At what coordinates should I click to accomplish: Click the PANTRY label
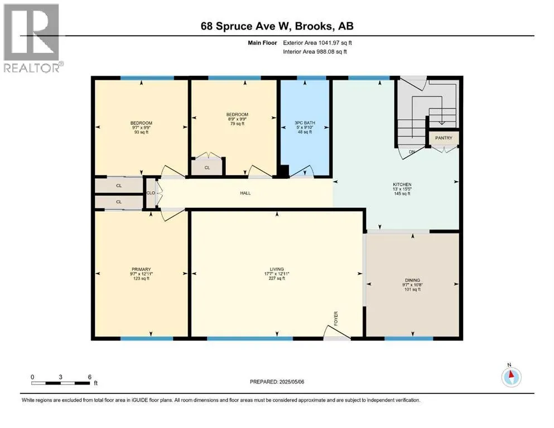tap(444, 138)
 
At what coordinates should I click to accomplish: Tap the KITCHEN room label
tap(402, 184)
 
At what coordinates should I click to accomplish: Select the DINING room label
tap(412, 280)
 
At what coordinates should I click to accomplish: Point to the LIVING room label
tap(277, 269)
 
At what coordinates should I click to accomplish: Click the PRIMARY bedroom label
tap(141, 269)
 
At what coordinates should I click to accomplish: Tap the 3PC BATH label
tap(305, 123)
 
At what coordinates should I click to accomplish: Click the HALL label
tap(245, 193)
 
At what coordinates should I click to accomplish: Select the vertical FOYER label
tap(336, 318)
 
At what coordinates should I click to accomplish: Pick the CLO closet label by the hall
tap(151, 193)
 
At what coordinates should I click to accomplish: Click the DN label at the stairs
tap(412, 152)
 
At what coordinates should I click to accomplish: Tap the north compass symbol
tap(511, 377)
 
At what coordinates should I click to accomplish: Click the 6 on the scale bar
tap(90, 377)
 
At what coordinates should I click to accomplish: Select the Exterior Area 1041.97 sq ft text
tap(317, 43)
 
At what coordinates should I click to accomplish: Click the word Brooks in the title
tap(314, 26)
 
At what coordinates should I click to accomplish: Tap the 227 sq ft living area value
tap(277, 279)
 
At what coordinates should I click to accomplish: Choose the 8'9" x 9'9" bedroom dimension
tap(237, 119)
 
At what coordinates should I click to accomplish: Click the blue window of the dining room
tap(409, 338)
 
